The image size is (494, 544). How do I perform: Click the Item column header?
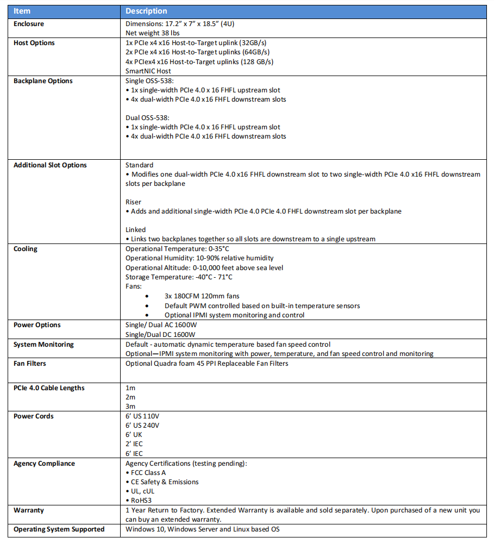point(22,11)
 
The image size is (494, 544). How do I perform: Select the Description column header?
point(146,11)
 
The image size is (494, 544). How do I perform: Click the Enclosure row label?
point(29,24)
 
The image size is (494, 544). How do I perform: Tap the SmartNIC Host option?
point(148,71)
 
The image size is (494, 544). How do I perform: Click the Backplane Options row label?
point(43,81)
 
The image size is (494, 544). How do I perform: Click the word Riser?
point(133,202)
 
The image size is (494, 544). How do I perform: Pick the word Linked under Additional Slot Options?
point(135,230)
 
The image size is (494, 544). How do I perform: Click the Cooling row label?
point(26,249)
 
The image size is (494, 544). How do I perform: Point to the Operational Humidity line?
point(199,258)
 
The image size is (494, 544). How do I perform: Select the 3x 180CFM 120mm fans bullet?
point(202,296)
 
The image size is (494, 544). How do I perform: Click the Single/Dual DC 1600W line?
point(160,334)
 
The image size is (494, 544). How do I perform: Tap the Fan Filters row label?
point(30,364)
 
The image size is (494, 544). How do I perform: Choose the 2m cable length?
point(130,397)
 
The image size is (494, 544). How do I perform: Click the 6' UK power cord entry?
point(134,435)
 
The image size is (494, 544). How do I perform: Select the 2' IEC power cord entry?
point(134,444)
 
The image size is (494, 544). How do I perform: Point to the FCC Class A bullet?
point(148,473)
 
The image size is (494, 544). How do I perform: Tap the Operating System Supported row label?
point(59,529)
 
